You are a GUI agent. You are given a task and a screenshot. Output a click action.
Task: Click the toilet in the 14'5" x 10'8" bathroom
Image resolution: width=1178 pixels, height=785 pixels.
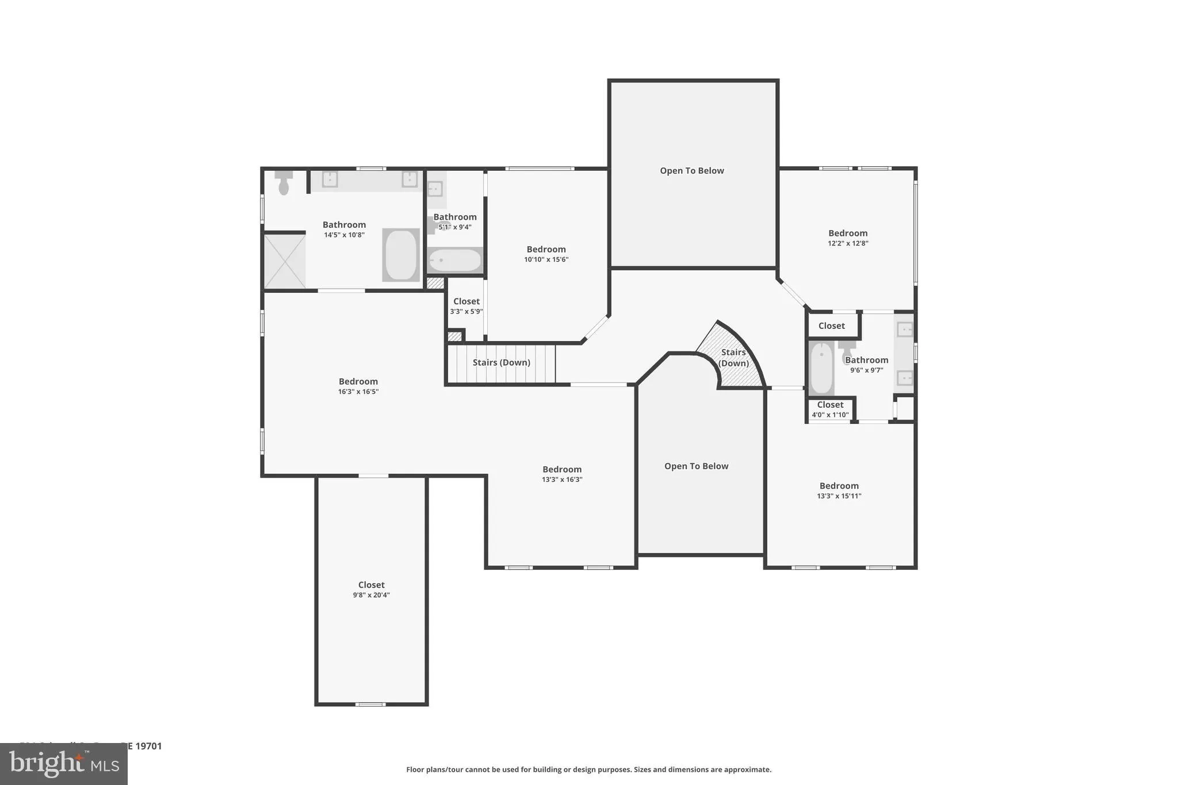(284, 182)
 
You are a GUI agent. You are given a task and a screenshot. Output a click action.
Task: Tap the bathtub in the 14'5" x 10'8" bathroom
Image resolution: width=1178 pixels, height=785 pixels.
(401, 255)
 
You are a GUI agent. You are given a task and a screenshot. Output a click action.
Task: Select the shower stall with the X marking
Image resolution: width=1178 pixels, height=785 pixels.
(285, 261)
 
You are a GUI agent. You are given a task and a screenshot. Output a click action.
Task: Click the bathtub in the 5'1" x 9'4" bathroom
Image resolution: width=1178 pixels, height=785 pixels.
(455, 261)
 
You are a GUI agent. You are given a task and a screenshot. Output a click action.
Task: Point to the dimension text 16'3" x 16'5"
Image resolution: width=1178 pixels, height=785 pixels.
(358, 392)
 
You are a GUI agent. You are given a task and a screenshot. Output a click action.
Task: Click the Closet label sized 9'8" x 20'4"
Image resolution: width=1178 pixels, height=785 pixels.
(371, 585)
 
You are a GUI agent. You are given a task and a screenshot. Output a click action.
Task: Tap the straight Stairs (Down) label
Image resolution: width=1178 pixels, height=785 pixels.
(501, 362)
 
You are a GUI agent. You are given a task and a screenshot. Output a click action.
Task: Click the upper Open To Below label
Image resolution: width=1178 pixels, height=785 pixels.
(691, 171)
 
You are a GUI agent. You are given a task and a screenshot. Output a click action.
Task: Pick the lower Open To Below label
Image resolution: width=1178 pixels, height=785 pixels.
(696, 466)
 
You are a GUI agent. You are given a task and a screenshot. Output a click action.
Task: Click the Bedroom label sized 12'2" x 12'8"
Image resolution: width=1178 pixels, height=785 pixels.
(847, 233)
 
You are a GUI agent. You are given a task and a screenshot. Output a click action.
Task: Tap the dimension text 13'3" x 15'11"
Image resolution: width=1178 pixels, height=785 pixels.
(839, 496)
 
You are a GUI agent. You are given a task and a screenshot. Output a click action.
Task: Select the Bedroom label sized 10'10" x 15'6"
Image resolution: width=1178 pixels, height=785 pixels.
(546, 249)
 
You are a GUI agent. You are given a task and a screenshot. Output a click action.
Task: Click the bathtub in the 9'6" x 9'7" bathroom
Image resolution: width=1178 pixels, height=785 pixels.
(821, 368)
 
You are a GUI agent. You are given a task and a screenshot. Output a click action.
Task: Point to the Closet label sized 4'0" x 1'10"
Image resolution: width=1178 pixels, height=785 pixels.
(830, 405)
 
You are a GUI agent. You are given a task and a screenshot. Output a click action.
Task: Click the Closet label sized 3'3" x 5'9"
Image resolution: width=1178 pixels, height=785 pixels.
(466, 301)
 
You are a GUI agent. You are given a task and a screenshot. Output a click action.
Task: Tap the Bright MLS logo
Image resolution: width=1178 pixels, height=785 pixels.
(64, 764)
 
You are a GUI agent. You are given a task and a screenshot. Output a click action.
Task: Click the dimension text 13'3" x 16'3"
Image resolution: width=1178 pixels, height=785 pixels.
(561, 480)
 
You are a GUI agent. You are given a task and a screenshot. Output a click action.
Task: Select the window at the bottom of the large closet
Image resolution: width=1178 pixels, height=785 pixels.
(370, 704)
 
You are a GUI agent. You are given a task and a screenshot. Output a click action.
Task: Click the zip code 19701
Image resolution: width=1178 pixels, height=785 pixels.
(148, 746)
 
